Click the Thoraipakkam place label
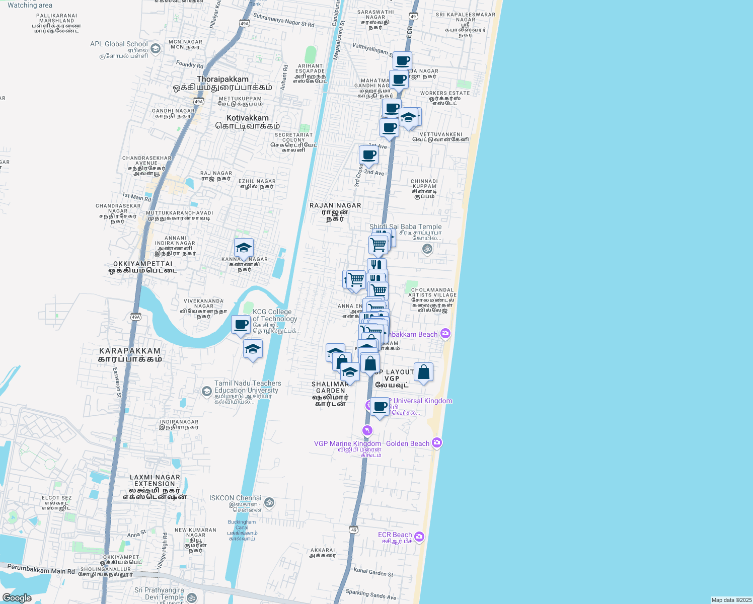click(222, 80)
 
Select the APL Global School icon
click(156, 49)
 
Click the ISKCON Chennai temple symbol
click(269, 502)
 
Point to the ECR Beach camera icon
click(419, 537)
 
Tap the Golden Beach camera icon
click(437, 443)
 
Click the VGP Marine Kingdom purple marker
click(367, 430)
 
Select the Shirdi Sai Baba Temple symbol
click(427, 249)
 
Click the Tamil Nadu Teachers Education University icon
click(206, 391)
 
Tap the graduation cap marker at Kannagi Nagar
click(244, 248)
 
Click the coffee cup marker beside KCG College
click(241, 325)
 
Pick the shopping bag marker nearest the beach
click(423, 373)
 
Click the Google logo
click(17, 598)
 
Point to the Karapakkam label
click(130, 351)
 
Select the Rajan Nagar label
click(335, 205)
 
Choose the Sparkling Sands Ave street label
click(371, 594)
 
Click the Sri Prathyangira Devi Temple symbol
click(191, 597)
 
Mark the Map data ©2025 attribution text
click(731, 600)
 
